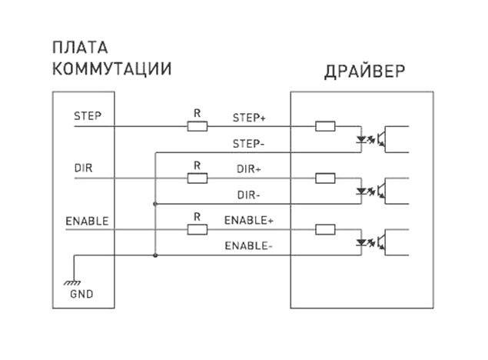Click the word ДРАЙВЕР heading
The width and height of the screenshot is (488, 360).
364,72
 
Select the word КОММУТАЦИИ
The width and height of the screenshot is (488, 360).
111,69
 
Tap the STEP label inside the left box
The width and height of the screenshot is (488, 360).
88,116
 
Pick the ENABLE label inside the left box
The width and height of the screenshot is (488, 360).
87,221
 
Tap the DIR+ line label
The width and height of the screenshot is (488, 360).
249,168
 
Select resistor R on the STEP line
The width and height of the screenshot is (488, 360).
198,126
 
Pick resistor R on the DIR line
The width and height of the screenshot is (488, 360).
198,178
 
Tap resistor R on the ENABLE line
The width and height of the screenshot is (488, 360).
198,229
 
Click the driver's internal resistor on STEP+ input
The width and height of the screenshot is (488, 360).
325,126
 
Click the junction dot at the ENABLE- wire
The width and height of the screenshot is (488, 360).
155,255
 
